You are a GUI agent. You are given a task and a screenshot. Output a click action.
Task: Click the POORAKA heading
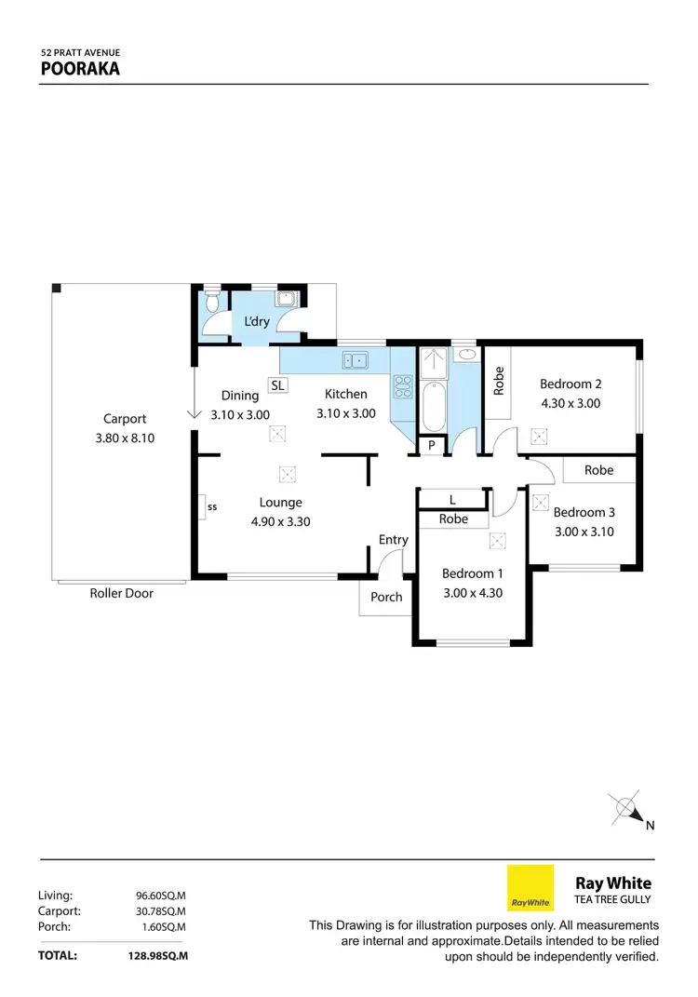pos(79,68)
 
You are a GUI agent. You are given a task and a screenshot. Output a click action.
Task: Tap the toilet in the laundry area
pos(211,303)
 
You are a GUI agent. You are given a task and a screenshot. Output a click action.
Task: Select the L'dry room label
pos(257,321)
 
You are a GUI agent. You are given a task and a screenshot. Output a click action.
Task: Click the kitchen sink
pos(355,359)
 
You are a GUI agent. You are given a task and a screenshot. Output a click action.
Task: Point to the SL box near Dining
pos(278,384)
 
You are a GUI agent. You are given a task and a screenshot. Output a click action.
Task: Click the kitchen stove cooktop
pos(403,385)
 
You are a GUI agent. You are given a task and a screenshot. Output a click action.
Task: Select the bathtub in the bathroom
pos(432,401)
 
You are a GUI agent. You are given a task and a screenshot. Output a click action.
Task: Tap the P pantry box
pos(431,446)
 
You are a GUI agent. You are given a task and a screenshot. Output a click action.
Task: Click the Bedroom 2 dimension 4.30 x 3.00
pos(571,403)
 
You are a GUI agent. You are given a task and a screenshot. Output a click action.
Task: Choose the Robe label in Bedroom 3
pos(598,470)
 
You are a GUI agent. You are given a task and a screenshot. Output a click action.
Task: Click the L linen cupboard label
pos(452,500)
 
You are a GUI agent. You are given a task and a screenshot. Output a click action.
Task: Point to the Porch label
pos(386,597)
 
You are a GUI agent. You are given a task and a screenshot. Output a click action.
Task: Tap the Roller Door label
pos(121,593)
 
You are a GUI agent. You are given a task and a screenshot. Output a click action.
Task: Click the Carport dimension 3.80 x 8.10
pos(125,436)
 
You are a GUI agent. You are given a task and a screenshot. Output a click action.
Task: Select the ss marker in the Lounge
pos(211,507)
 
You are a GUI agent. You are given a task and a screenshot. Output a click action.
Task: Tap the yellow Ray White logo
pos(530,888)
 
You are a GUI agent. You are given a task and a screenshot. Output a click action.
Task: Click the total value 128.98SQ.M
pos(157,955)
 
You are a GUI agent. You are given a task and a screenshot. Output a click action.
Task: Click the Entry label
pos(393,540)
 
